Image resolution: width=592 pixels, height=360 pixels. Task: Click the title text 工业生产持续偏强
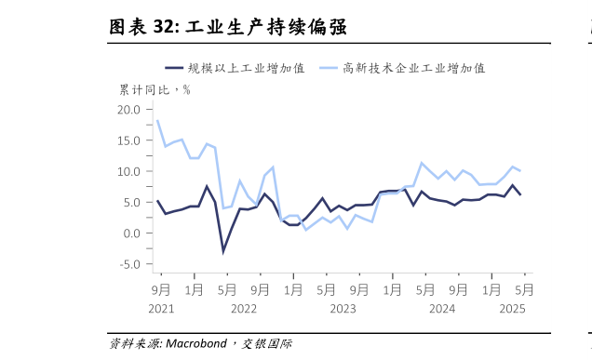[266, 27]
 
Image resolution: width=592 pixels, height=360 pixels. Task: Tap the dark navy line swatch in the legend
[173, 68]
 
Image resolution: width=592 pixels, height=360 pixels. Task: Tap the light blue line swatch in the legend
[328, 68]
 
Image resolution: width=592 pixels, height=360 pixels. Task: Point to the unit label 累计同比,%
[155, 89]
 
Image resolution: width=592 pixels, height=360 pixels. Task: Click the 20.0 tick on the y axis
[129, 110]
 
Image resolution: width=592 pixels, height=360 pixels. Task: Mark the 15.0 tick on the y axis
[129, 140]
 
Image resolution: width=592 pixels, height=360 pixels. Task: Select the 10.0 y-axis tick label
[129, 171]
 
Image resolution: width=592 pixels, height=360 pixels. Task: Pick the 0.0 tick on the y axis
[132, 233]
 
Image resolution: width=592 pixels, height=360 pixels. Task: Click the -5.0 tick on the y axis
[130, 263]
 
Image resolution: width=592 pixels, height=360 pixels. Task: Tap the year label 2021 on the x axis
[161, 308]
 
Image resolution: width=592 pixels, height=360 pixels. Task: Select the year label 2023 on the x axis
[343, 308]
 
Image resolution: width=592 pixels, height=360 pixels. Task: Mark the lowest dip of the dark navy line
[223, 251]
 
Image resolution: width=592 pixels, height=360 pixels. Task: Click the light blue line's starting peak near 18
[157, 121]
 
